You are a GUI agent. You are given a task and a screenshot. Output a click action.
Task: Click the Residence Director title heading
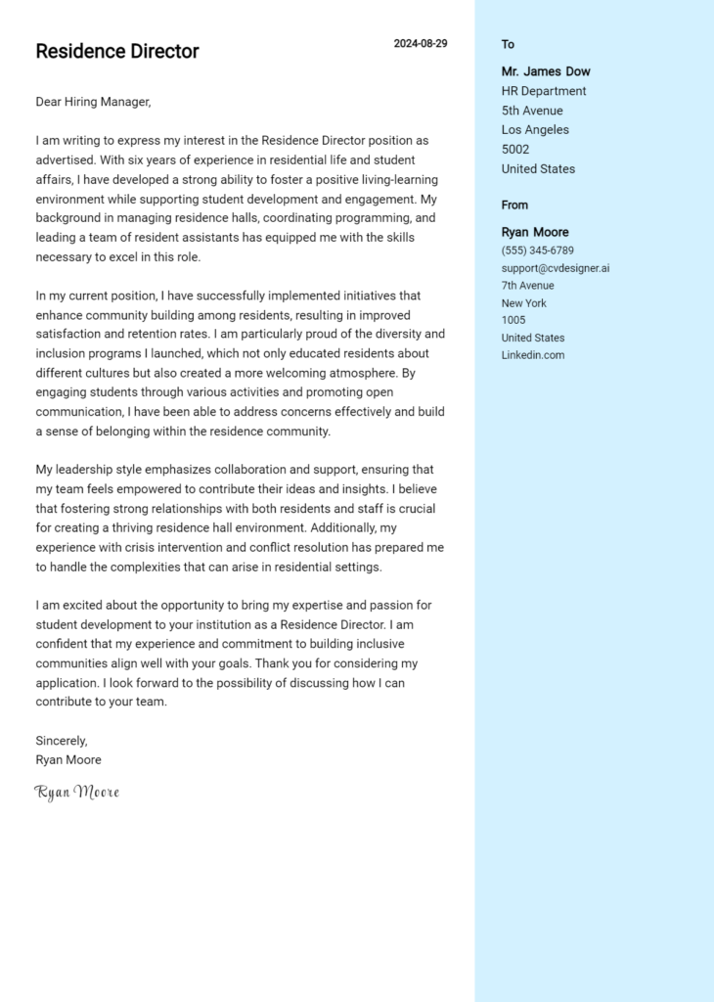[x=117, y=52]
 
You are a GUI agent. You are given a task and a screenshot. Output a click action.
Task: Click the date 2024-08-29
[x=421, y=44]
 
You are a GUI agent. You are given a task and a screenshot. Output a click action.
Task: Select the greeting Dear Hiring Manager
[x=94, y=102]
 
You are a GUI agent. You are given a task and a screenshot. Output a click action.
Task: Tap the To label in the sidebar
[x=508, y=44]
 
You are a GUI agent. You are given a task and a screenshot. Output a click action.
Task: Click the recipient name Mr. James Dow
[x=546, y=71]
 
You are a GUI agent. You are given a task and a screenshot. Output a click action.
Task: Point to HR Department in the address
[x=544, y=91]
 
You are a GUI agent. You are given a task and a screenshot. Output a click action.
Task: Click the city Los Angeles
[x=535, y=130]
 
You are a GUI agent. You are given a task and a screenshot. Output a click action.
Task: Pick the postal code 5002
[x=515, y=150]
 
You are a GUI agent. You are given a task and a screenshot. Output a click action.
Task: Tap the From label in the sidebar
[x=514, y=205]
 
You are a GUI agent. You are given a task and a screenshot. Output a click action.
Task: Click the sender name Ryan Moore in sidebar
[x=535, y=232]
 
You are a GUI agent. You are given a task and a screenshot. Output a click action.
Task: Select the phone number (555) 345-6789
[x=538, y=250]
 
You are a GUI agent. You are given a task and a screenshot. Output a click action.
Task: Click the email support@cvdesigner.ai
[x=556, y=268]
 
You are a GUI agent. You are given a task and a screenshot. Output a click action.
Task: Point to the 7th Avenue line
[x=528, y=286]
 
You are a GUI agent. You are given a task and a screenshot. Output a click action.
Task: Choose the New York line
[x=524, y=303]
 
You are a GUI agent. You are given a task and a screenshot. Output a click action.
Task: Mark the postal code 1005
[x=513, y=320]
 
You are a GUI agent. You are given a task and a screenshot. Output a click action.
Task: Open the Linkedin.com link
[x=533, y=355]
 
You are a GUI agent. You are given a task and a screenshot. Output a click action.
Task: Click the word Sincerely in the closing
[x=62, y=741]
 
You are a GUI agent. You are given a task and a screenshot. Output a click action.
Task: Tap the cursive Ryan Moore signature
[x=77, y=792]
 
